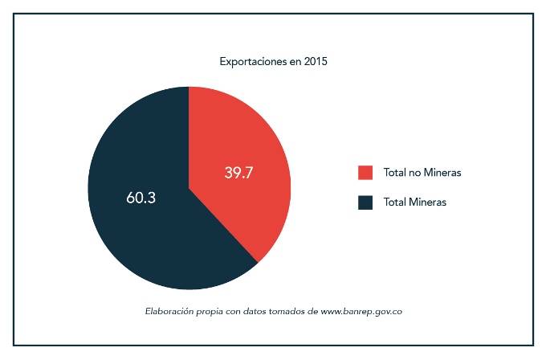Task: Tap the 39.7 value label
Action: click(x=238, y=173)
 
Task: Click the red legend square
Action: click(x=365, y=173)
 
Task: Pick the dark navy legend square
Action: click(x=365, y=202)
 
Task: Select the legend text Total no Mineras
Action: click(x=422, y=173)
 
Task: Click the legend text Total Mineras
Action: click(x=414, y=202)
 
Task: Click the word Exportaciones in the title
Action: click(x=250, y=61)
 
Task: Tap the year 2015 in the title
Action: click(x=316, y=61)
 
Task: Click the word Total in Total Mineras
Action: click(x=395, y=202)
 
